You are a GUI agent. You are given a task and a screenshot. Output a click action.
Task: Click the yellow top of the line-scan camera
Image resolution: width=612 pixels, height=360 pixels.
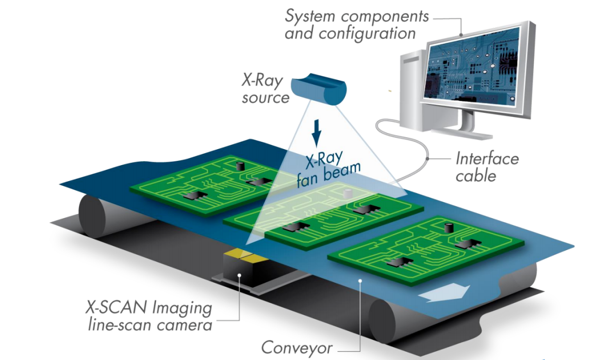click(242, 254)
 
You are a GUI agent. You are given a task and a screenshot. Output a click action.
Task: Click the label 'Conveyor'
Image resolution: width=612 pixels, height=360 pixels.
click(296, 347)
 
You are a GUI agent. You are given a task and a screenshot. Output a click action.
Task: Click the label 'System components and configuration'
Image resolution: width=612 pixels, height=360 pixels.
click(356, 25)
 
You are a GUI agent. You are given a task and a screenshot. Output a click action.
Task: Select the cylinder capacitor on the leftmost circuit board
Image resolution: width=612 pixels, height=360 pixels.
click(239, 166)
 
